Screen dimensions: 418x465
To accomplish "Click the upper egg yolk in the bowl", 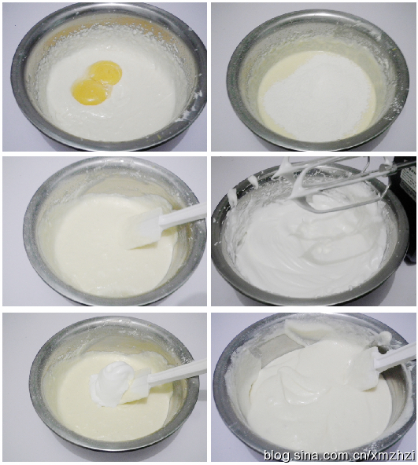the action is [105, 72].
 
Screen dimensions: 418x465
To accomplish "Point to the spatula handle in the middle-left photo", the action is [183, 214].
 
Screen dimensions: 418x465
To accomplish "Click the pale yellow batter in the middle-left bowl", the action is [104, 252].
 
